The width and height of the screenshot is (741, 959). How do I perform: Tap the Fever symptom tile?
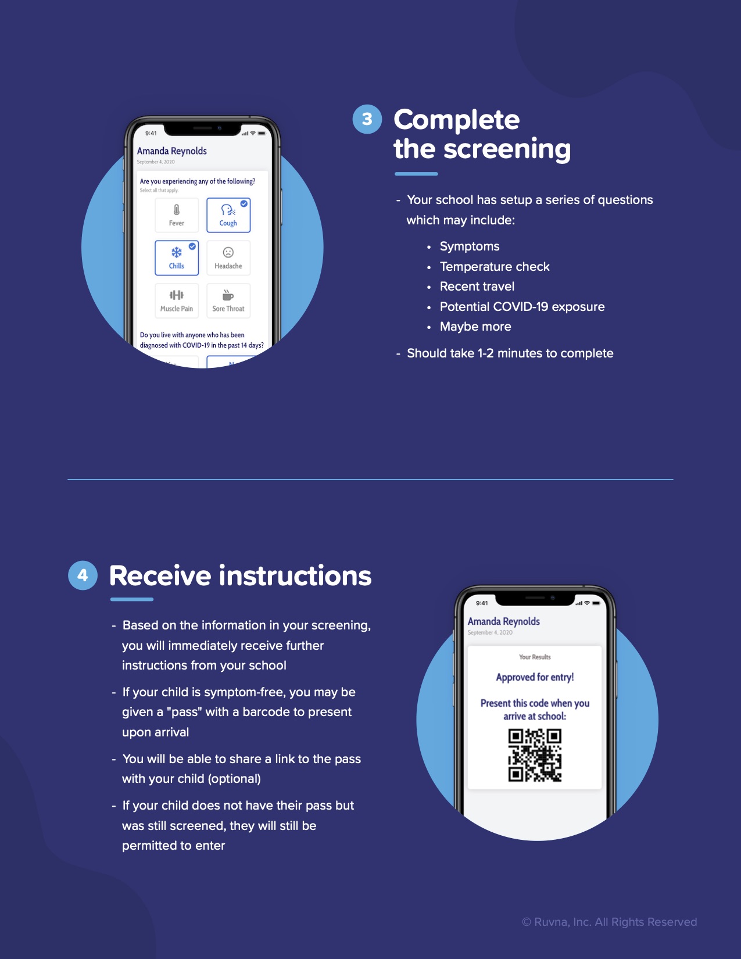point(177,215)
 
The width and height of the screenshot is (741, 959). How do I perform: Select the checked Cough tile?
point(228,215)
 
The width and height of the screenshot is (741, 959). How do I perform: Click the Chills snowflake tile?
point(177,257)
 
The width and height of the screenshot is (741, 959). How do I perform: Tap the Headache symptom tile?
point(228,257)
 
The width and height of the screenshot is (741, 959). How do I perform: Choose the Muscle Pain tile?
point(177,300)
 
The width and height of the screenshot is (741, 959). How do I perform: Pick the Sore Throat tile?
point(228,300)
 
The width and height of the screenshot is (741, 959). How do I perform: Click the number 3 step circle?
point(367,119)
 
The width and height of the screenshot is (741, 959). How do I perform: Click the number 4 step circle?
point(83,575)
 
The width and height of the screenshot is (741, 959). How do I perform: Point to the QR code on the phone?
point(535,755)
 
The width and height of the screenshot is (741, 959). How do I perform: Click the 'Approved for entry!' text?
point(535,677)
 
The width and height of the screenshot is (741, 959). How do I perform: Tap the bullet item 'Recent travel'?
point(477,287)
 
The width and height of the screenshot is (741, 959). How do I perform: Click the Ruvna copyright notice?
point(610,921)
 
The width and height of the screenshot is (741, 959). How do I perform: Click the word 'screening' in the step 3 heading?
point(507,149)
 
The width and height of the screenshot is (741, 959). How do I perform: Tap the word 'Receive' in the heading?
point(160,575)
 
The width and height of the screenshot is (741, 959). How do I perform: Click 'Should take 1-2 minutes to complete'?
point(510,353)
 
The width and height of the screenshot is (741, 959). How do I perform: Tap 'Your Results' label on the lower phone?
point(535,657)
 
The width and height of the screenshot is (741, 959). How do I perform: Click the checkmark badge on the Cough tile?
point(244,203)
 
